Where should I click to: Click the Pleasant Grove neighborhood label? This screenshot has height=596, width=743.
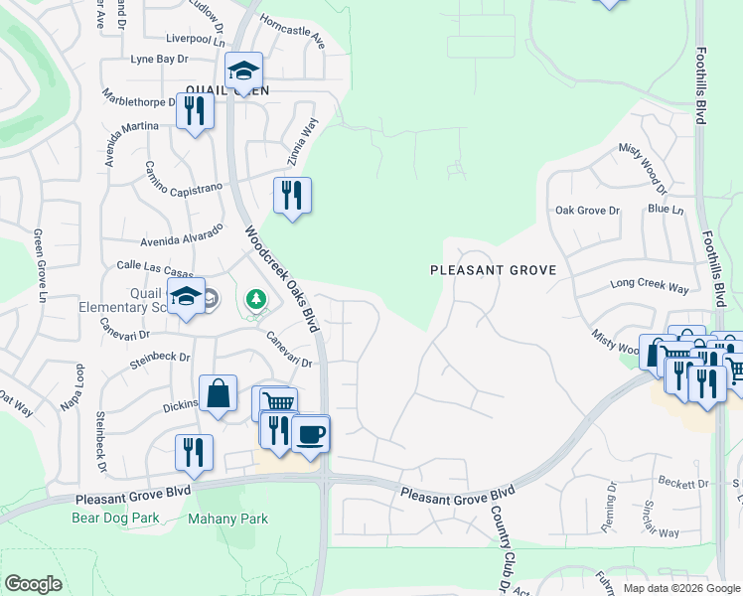[x=492, y=269]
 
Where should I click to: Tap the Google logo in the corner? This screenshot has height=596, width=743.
[x=33, y=584]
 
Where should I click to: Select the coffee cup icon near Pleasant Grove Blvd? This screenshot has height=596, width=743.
[x=311, y=433]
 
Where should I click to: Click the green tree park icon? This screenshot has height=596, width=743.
[x=256, y=298]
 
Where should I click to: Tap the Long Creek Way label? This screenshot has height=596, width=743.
[x=650, y=286]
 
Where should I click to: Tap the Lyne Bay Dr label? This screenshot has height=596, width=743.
[x=159, y=60]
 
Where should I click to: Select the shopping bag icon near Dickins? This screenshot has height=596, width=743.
[x=218, y=392]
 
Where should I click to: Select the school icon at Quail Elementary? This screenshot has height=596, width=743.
[x=186, y=297]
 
